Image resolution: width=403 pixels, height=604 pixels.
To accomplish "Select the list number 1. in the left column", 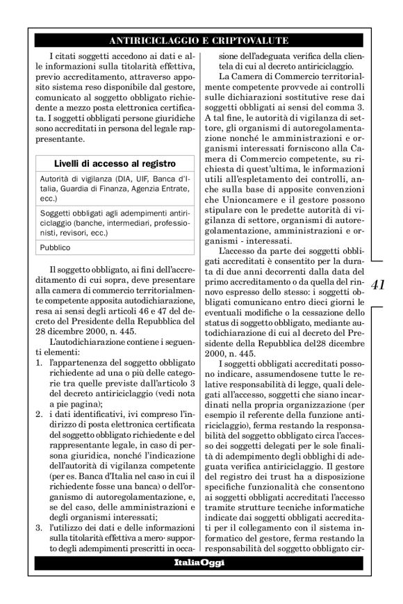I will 38,383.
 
